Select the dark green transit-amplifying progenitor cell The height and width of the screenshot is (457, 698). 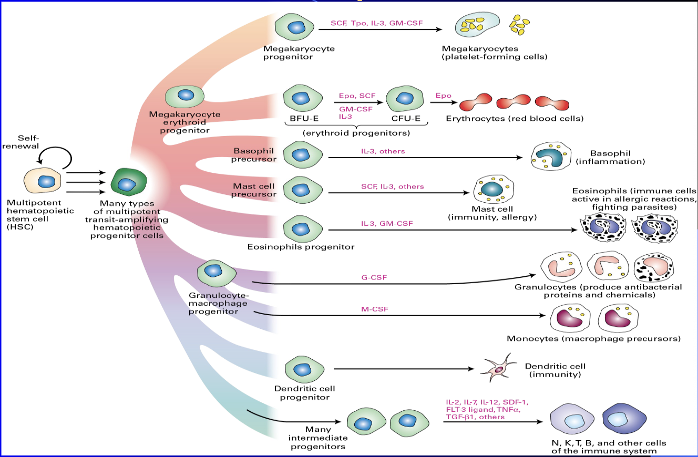128,183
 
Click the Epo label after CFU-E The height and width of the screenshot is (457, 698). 443,95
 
